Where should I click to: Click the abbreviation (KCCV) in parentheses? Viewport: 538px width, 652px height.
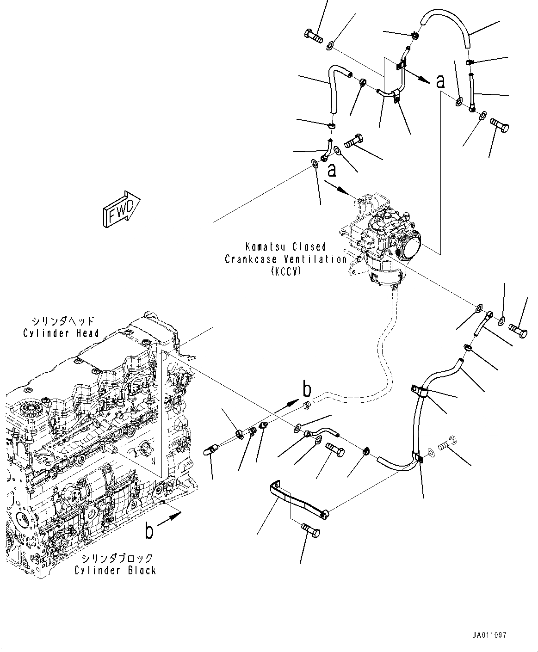coord(286,271)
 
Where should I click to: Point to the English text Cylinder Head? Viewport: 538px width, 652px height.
coord(61,333)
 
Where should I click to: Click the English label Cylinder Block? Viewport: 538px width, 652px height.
coord(116,570)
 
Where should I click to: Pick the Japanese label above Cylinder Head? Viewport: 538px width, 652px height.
coord(63,321)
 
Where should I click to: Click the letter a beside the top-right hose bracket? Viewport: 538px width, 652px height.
coord(440,82)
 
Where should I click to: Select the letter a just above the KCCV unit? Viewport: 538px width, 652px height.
coord(332,171)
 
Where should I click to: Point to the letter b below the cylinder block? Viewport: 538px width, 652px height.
coord(149,531)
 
